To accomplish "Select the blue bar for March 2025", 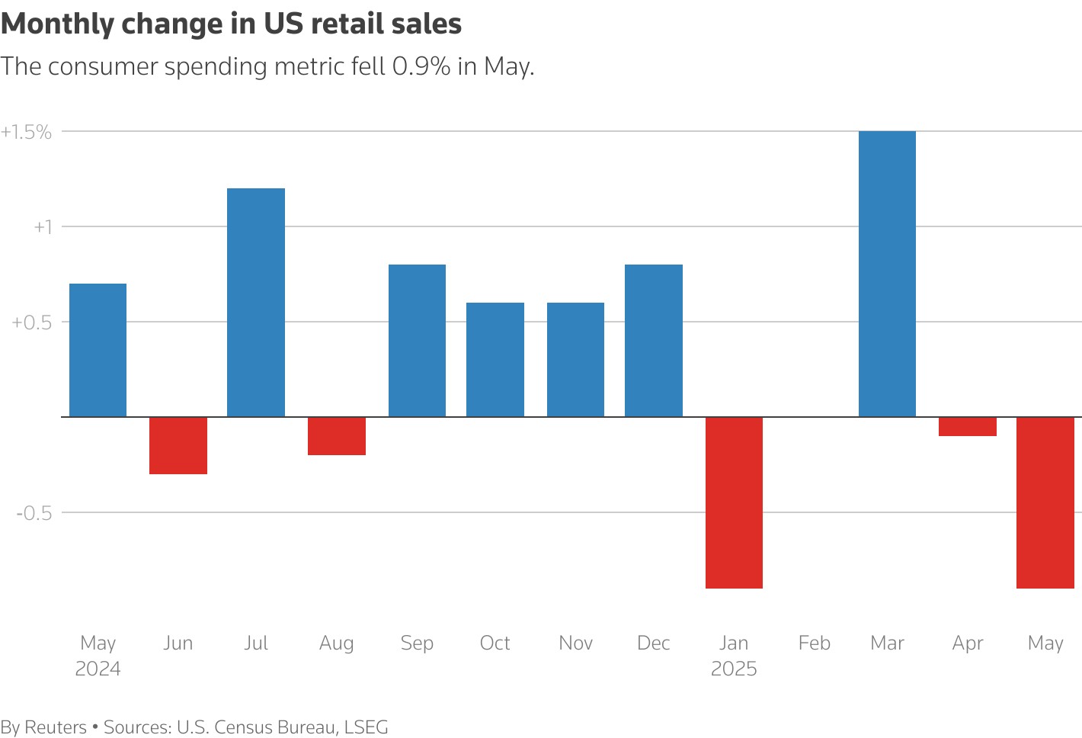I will click(x=887, y=274).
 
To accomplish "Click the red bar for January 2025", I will click(x=734, y=502).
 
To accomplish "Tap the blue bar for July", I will click(x=256, y=302).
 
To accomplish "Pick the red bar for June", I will click(x=178, y=445).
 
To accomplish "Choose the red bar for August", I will click(x=336, y=436).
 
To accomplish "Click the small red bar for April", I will click(x=968, y=427).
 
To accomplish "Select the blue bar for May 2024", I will click(x=98, y=350).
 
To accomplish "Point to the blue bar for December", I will click(x=653, y=340).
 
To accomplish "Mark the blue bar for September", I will click(x=417, y=340).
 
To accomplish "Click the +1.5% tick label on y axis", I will click(x=27, y=132).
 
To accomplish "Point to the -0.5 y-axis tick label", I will click(x=34, y=513).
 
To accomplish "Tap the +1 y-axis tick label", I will click(x=43, y=227).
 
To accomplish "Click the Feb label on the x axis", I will click(x=814, y=643).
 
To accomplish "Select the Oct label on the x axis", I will click(x=495, y=643).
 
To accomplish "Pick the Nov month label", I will click(x=575, y=643).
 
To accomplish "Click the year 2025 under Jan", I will click(x=734, y=669).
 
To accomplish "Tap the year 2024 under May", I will click(x=98, y=669).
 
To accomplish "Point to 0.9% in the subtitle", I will click(x=421, y=66).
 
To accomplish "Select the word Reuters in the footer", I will click(x=56, y=727).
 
